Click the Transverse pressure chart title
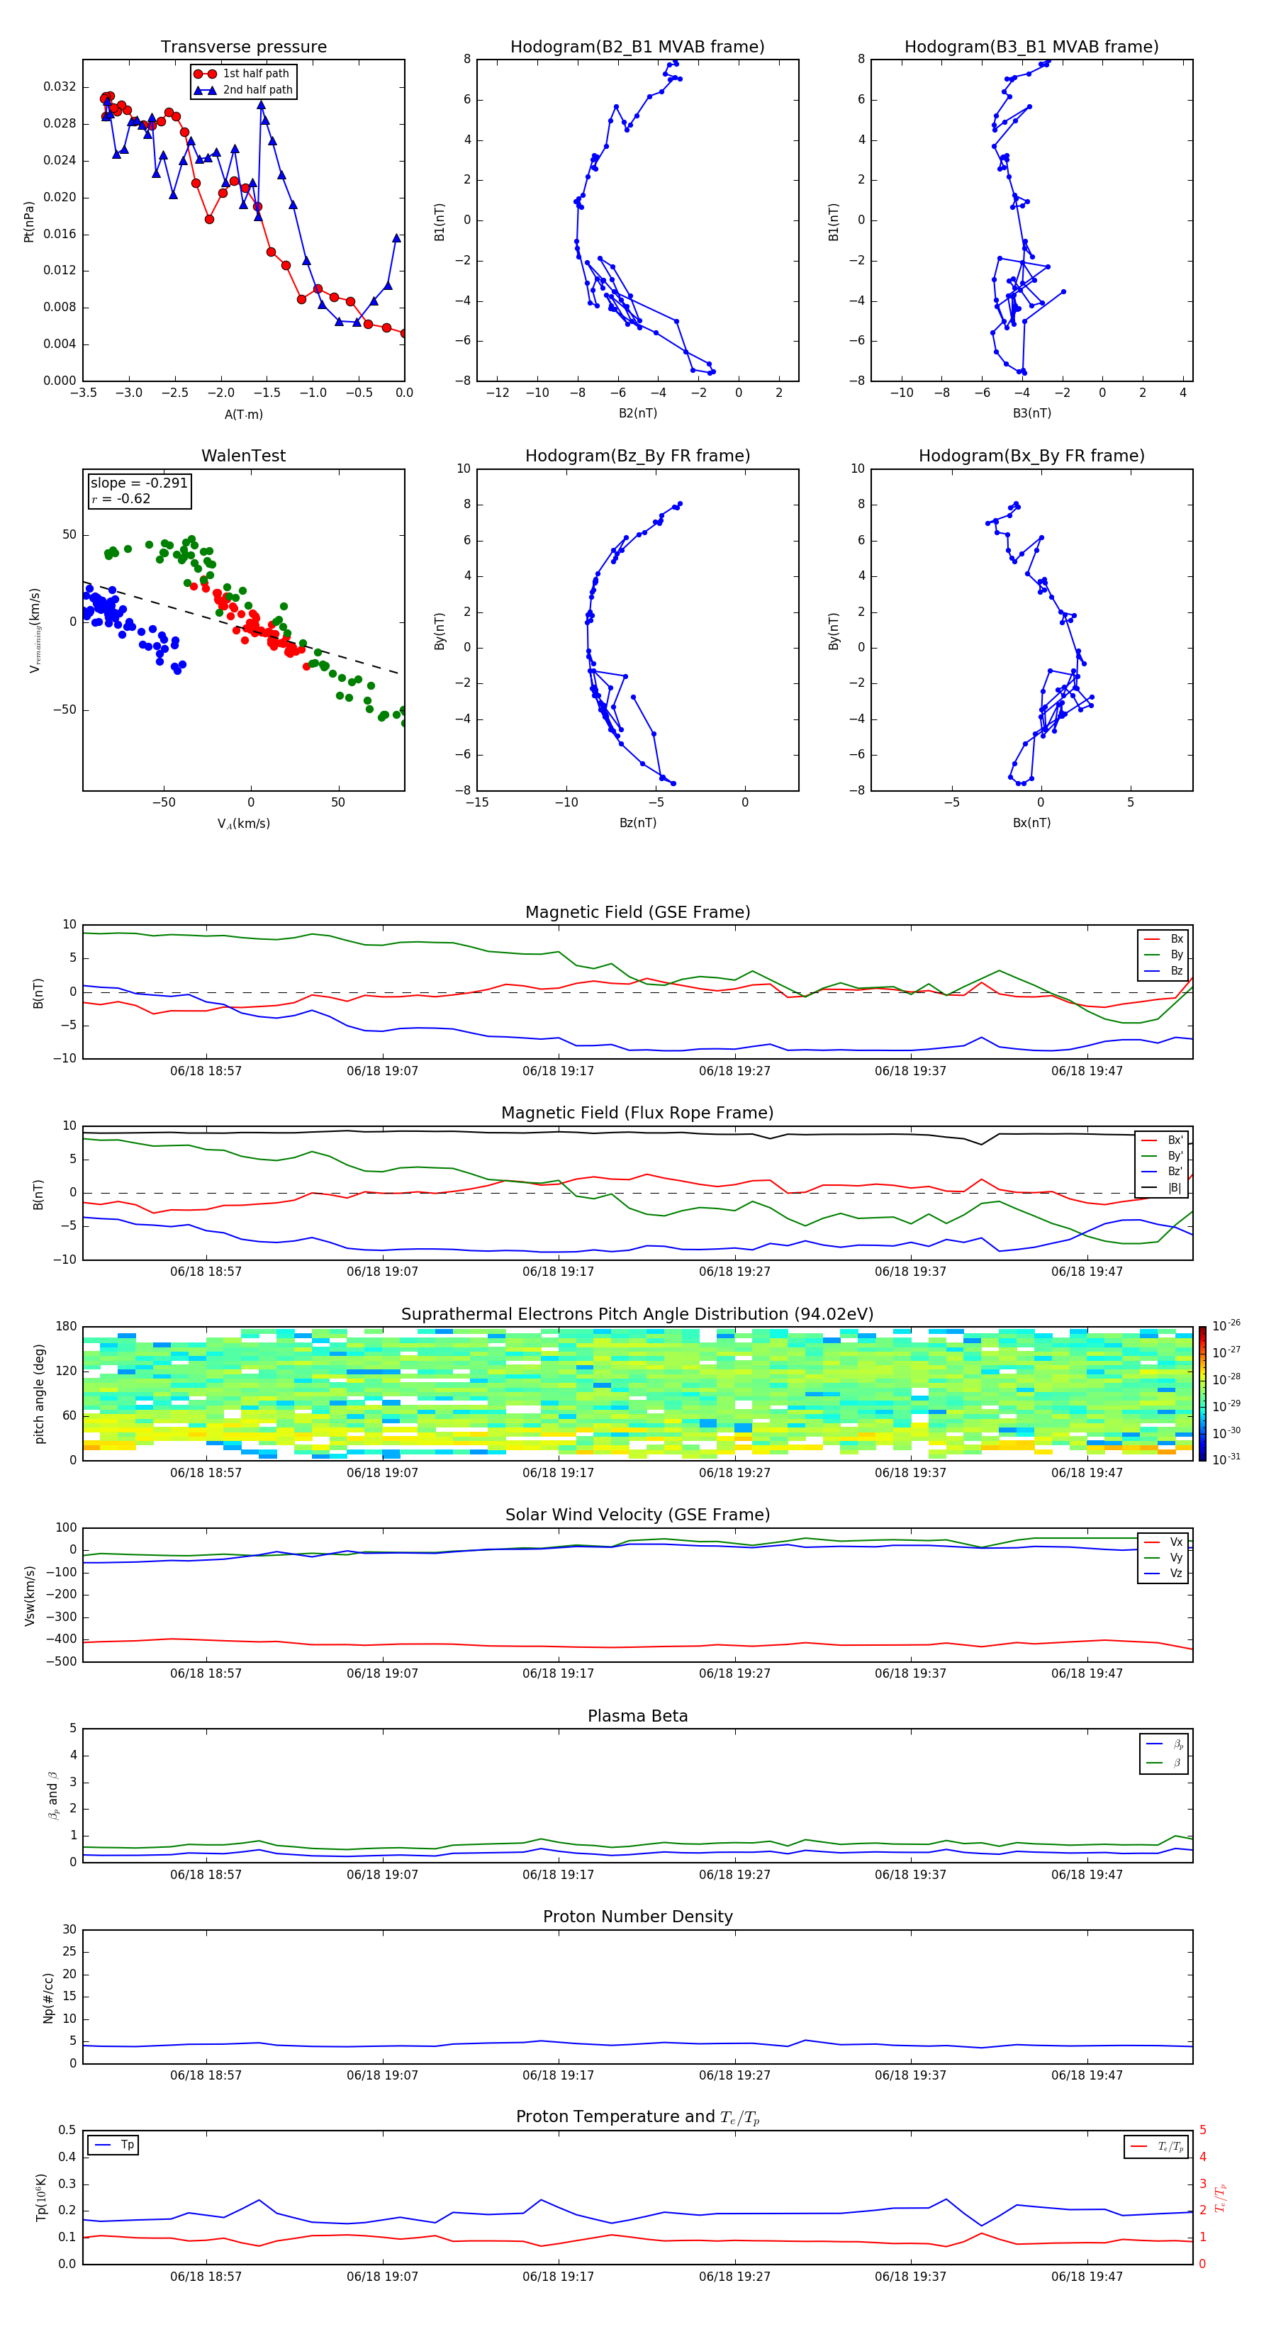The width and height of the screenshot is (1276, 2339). click(243, 47)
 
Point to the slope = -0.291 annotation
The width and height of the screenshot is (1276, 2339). click(139, 483)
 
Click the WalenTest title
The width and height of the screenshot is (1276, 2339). click(243, 456)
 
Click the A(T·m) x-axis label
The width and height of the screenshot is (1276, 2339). click(243, 415)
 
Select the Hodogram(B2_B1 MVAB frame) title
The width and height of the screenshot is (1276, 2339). click(637, 47)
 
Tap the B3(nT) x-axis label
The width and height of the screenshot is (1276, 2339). click(1031, 413)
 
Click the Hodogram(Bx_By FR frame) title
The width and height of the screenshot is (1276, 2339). click(1031, 456)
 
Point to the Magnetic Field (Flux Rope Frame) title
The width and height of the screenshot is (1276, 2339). click(637, 1114)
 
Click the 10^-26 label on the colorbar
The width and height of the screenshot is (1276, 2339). click(1226, 1325)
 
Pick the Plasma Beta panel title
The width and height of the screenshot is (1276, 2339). click(637, 1716)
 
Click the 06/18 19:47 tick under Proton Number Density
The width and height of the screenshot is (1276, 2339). click(1086, 2075)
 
